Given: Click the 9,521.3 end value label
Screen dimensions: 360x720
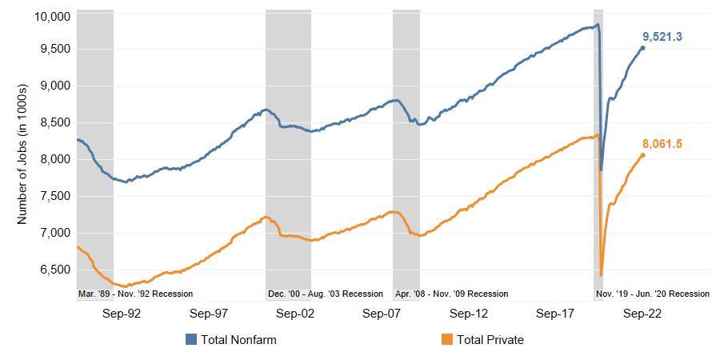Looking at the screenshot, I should (662, 37).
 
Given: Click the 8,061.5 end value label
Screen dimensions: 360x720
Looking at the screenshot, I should (662, 144).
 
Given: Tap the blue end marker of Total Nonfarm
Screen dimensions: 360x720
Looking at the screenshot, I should (642, 48).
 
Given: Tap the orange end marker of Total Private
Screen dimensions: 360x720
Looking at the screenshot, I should (642, 155).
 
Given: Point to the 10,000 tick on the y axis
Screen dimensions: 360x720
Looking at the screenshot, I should (51, 17).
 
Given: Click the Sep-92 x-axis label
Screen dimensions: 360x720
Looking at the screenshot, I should (122, 314).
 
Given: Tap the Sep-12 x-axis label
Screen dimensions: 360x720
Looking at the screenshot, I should (469, 314).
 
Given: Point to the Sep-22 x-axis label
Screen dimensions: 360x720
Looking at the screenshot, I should (642, 314).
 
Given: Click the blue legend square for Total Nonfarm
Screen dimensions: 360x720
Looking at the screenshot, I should (190, 340).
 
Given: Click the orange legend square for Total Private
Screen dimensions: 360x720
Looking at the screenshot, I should (446, 340).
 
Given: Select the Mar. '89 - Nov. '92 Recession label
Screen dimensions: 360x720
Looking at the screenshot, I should (135, 294).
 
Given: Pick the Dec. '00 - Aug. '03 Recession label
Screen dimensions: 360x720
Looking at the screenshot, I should (326, 294).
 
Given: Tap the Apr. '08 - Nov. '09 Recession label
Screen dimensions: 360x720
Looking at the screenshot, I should (451, 294).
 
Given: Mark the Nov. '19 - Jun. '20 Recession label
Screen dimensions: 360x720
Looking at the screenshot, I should (653, 294).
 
